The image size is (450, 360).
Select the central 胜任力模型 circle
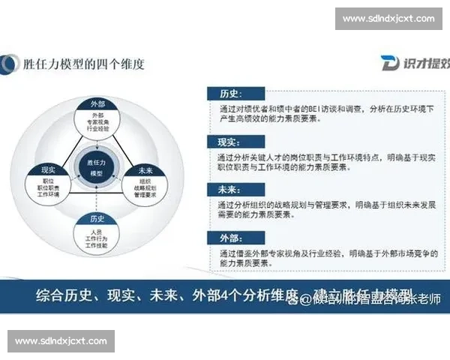96,166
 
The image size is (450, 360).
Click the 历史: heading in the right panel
229,94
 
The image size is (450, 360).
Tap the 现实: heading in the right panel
229,141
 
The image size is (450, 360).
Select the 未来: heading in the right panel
229,189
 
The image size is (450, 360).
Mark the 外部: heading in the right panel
229,237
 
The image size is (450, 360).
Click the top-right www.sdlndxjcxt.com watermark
388,18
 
